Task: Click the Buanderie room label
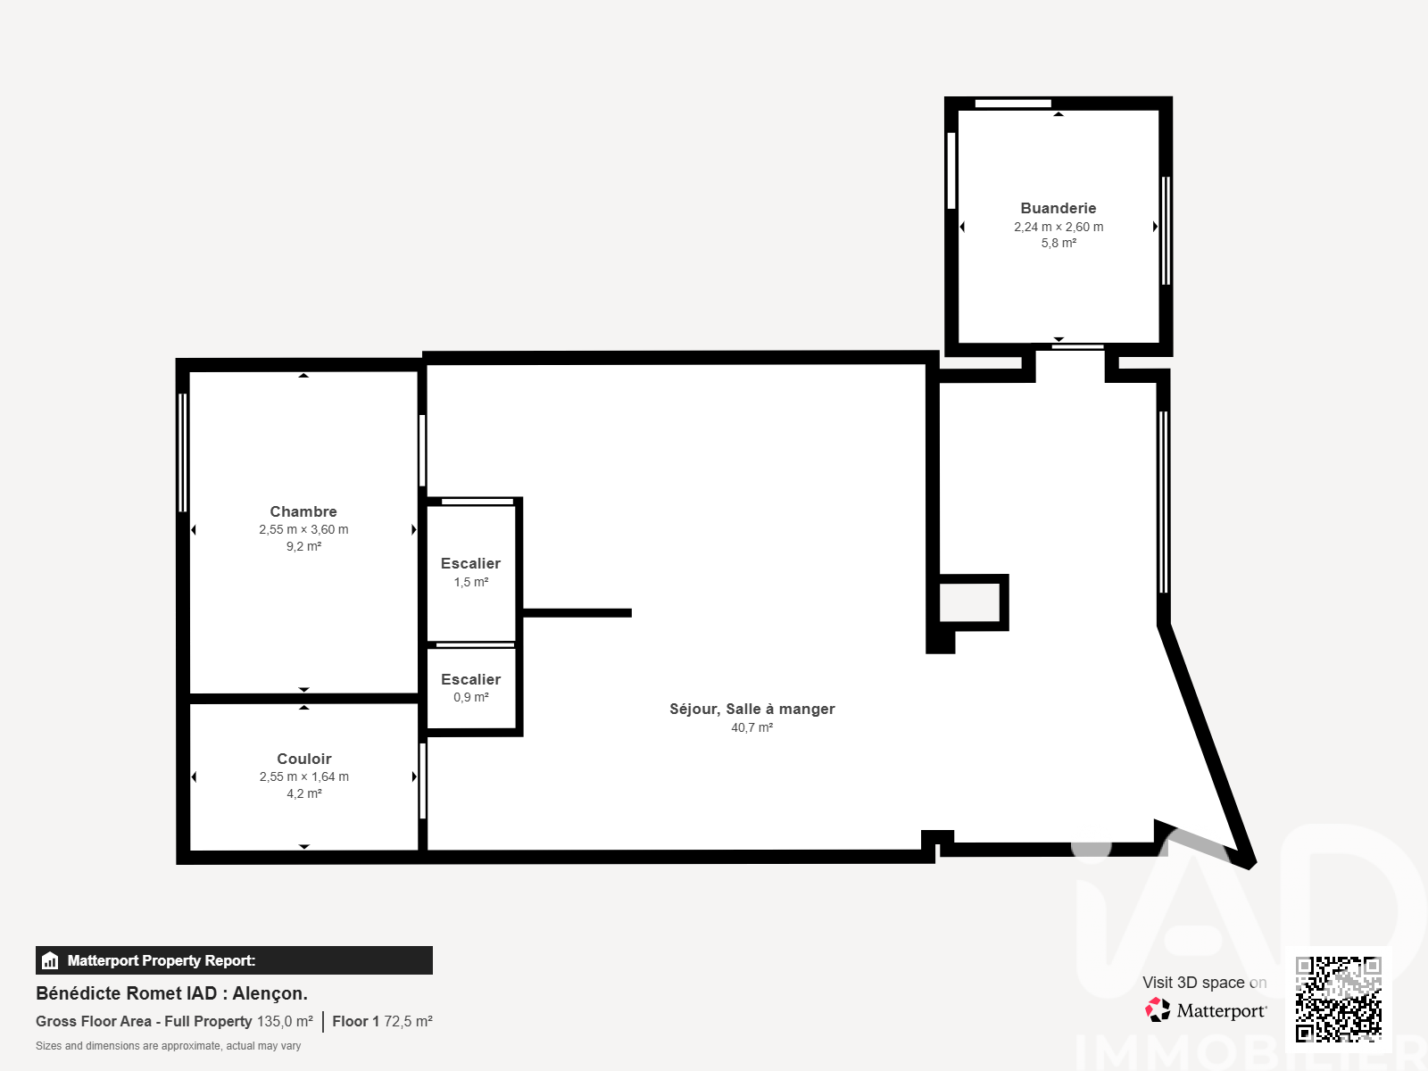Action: (x=1058, y=208)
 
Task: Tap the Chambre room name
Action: (x=303, y=511)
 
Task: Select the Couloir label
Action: (x=303, y=759)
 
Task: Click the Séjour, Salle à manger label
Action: (x=752, y=709)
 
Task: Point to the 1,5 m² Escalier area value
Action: (x=471, y=582)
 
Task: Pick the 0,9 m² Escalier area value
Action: (x=471, y=697)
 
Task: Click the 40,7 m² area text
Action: (x=752, y=727)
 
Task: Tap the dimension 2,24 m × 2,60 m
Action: (x=1059, y=227)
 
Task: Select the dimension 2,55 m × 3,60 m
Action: (x=303, y=530)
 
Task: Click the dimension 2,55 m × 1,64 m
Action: (x=303, y=777)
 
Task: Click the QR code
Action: (x=1338, y=1000)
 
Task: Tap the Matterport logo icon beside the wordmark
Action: (x=1157, y=1010)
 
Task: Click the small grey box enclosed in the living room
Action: (x=969, y=602)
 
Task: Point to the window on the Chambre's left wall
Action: (x=183, y=452)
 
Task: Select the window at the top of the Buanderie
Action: (x=1013, y=104)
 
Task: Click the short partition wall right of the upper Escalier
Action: (x=577, y=612)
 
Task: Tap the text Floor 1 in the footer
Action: (x=355, y=1022)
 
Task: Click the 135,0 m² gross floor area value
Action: (x=285, y=1022)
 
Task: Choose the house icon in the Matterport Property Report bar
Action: (x=50, y=960)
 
